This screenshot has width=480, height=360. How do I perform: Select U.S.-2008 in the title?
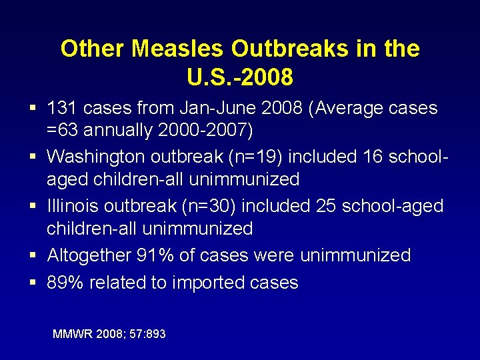240,77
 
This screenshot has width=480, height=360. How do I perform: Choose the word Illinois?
71,206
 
